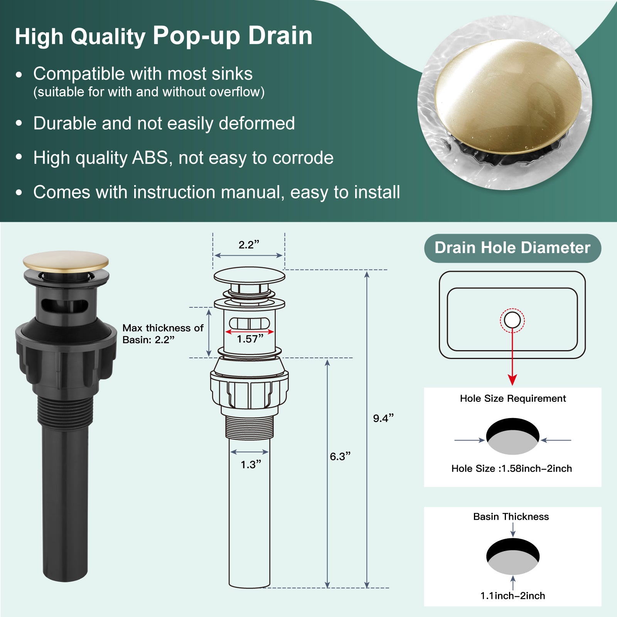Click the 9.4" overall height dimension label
pos(383,418)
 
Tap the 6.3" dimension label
pos(340,456)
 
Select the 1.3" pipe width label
pos(251,464)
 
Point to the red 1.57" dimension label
pos(250,339)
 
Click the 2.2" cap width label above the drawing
pos(249,244)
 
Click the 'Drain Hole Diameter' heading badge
pos(512,248)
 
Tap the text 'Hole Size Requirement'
pos(513,398)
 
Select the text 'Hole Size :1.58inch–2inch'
pos(512,469)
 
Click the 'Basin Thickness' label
pos(511,516)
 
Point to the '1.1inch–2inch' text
pos(512,596)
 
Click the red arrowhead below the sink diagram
pos(512,379)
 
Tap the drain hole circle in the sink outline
pos(512,320)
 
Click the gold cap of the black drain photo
pos(66,261)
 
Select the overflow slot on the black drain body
pos(64,305)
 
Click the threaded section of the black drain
pos(66,412)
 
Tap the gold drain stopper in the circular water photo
pos(508,96)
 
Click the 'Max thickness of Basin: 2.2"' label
pos(163,334)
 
